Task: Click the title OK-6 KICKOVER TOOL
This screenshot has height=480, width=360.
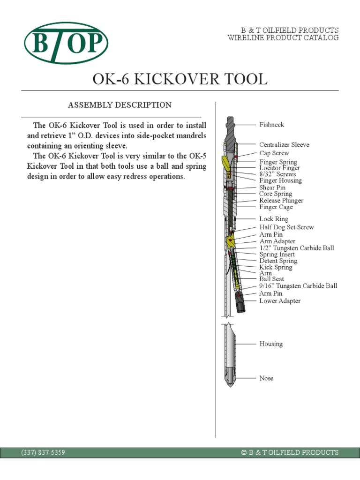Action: pyautogui.click(x=180, y=79)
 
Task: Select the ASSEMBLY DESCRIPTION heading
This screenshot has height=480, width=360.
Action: pyautogui.click(x=120, y=105)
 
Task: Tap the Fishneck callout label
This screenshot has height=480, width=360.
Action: pyautogui.click(x=272, y=125)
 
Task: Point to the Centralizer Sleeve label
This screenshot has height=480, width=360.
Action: pyautogui.click(x=284, y=145)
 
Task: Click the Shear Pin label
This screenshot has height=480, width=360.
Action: pyautogui.click(x=272, y=187)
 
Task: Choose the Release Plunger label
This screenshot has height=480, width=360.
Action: pyautogui.click(x=281, y=200)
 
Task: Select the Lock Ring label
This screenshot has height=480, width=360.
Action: pyautogui.click(x=274, y=219)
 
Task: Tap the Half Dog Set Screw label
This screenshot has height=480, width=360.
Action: pyautogui.click(x=286, y=227)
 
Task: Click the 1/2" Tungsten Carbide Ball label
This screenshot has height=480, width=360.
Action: pyautogui.click(x=296, y=247)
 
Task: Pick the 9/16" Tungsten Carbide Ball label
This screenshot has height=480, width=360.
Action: pyautogui.click(x=298, y=285)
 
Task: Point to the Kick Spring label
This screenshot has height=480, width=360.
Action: pyautogui.click(x=276, y=267)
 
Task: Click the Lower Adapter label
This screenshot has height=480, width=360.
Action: pyautogui.click(x=280, y=301)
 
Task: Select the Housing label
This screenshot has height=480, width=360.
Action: pyautogui.click(x=271, y=344)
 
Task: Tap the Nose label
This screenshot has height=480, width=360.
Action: pyautogui.click(x=266, y=378)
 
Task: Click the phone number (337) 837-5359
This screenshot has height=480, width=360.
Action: pyautogui.click(x=43, y=452)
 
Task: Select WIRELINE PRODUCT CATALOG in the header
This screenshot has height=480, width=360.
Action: pyautogui.click(x=283, y=38)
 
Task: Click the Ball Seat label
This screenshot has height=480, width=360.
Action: pyautogui.click(x=272, y=279)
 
